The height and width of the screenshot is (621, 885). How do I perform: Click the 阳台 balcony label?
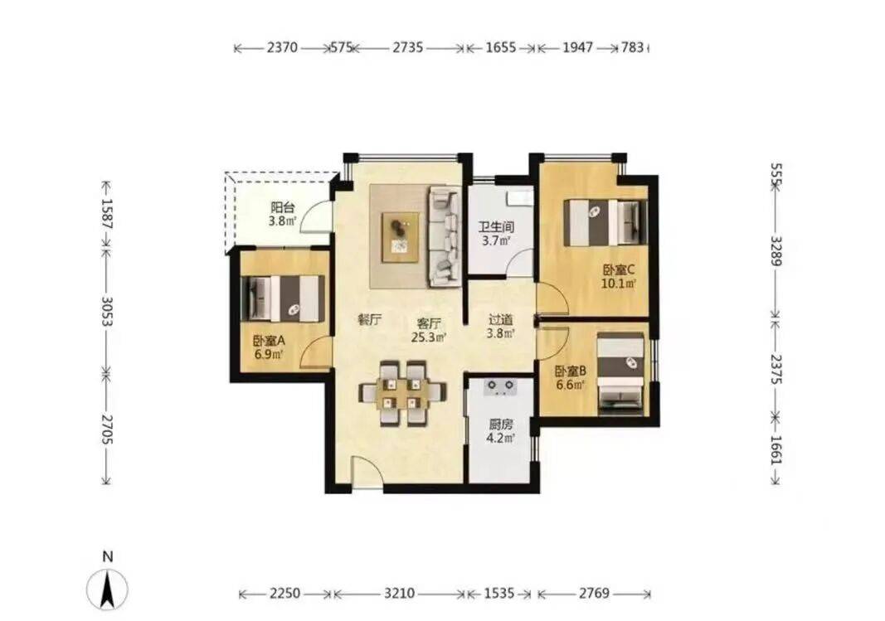(x=282, y=207)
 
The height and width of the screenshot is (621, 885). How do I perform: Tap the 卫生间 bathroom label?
(x=496, y=228)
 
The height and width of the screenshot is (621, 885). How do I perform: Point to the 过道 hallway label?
(x=501, y=319)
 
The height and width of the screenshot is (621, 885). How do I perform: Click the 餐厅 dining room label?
(x=370, y=320)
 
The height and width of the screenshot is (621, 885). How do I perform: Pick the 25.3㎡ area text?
(x=429, y=337)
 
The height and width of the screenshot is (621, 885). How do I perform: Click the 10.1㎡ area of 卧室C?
(x=619, y=284)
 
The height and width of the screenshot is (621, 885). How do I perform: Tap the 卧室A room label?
(x=269, y=342)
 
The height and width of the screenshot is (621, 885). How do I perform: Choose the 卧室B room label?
(x=571, y=371)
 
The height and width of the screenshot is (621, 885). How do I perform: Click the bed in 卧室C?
(x=605, y=222)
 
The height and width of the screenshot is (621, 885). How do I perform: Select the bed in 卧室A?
(x=283, y=298)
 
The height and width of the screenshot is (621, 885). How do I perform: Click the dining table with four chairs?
(x=402, y=392)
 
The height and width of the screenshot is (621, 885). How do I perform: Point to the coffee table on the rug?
(x=401, y=237)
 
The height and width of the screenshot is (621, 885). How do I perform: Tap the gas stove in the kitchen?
(x=502, y=387)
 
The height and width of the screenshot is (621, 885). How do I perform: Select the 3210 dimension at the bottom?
(x=400, y=594)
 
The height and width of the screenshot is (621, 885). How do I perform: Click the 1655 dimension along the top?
(x=501, y=47)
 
